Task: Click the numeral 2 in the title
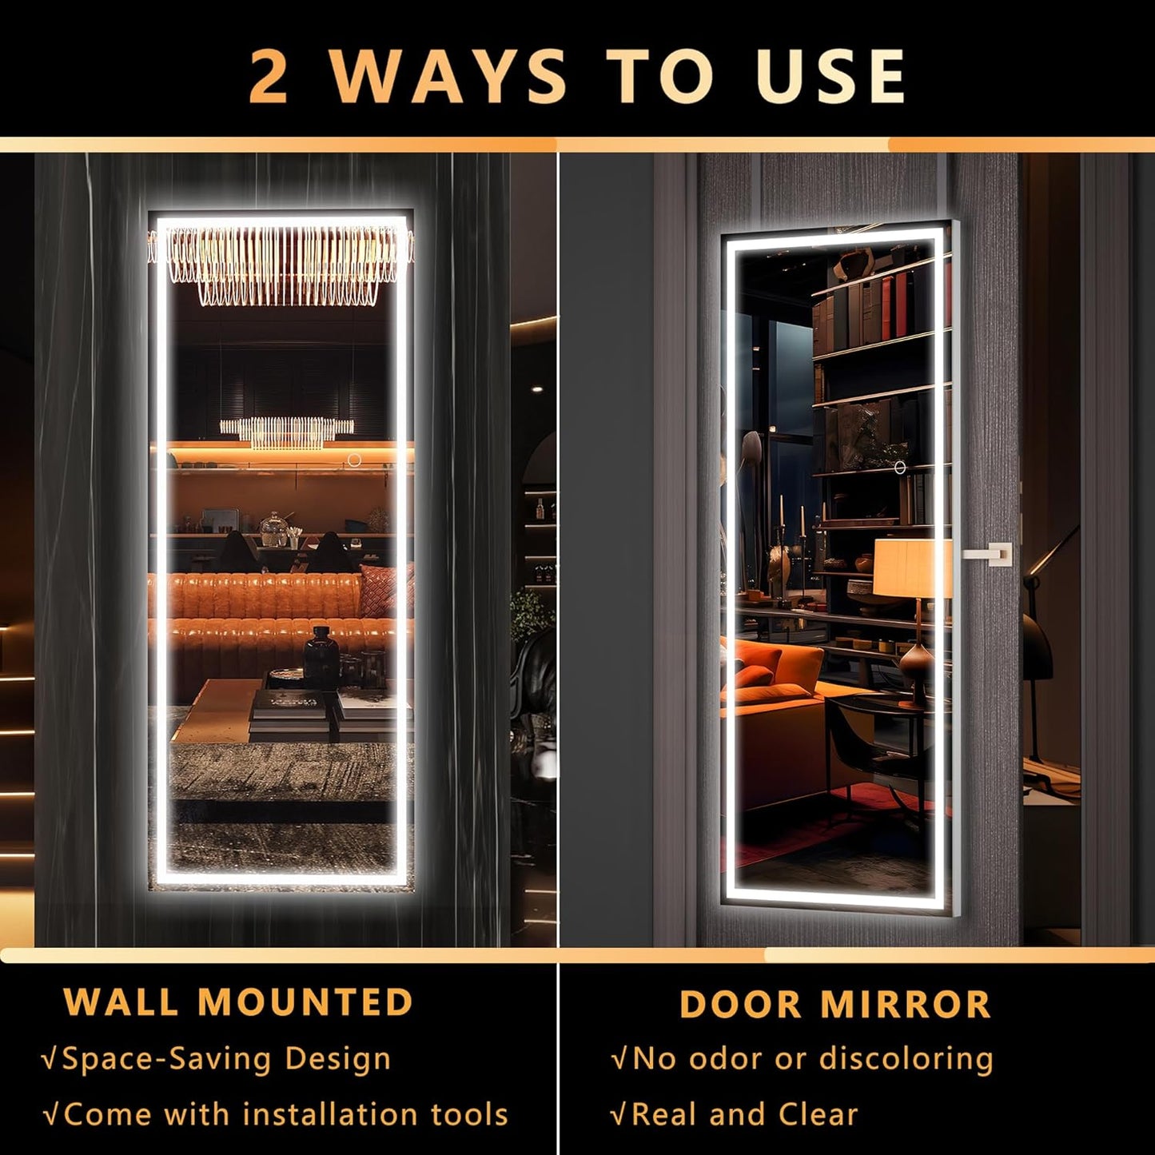pos(269,77)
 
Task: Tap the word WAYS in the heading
pos(448,77)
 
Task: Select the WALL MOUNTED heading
pos(238,1002)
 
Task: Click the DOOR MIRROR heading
pos(834,1005)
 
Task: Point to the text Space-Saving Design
pos(226,1058)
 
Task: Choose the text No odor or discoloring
pos(812,1058)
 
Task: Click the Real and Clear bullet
pos(744,1113)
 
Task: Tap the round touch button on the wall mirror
pos(353,460)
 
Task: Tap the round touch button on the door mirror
pos(899,468)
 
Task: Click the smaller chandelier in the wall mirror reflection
pos(286,431)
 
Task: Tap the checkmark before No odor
pos(619,1060)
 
